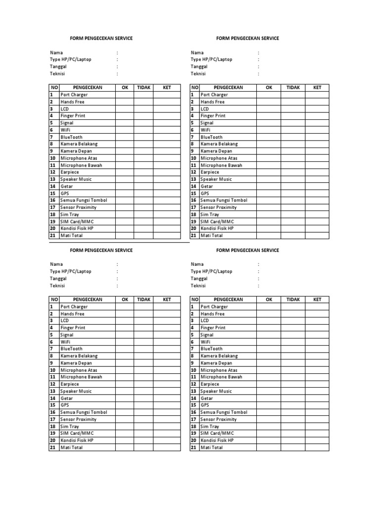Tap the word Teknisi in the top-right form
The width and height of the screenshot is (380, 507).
pos(198,73)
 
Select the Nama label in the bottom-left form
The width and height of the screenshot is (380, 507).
pos(56,264)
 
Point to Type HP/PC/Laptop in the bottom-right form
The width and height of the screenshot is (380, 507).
pos(211,271)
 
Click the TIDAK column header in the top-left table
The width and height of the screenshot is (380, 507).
pos(143,88)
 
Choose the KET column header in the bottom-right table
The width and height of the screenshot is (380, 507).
pos(317,300)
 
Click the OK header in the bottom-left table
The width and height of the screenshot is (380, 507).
pos(125,300)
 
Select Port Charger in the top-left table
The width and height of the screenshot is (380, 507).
pos(75,95)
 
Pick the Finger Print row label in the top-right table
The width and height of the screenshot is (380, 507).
pos(212,116)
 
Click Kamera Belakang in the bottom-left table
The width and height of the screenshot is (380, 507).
pos(79,356)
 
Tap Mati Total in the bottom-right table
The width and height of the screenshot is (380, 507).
pos(211,448)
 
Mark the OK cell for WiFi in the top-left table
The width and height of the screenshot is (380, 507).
pos(125,130)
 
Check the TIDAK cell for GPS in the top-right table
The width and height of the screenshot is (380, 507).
pos(293,193)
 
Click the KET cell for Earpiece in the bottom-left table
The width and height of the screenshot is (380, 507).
pos(167,384)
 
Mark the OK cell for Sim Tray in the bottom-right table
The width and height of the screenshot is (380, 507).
pos(269,426)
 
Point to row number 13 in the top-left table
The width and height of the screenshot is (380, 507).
pos(52,179)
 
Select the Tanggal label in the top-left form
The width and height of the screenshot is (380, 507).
pos(59,66)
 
